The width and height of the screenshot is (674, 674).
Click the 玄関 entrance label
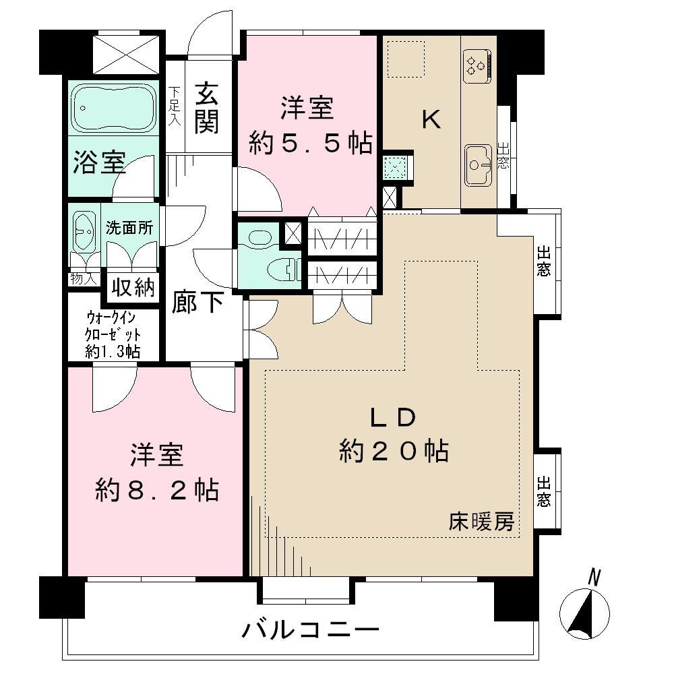click(207, 107)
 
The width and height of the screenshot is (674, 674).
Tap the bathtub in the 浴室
click(113, 107)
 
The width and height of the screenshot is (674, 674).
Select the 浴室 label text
click(99, 163)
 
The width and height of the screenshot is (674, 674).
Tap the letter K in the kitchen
click(431, 120)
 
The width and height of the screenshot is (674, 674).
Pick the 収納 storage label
click(133, 288)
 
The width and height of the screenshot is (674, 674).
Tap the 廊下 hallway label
click(197, 302)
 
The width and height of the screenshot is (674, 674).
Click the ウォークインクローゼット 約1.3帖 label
click(113, 334)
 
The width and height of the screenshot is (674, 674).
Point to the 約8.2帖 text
click(156, 490)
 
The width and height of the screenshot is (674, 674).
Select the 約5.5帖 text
click(310, 142)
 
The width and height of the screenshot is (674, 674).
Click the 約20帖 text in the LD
click(394, 450)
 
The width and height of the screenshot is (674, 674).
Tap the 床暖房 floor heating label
click(482, 522)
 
